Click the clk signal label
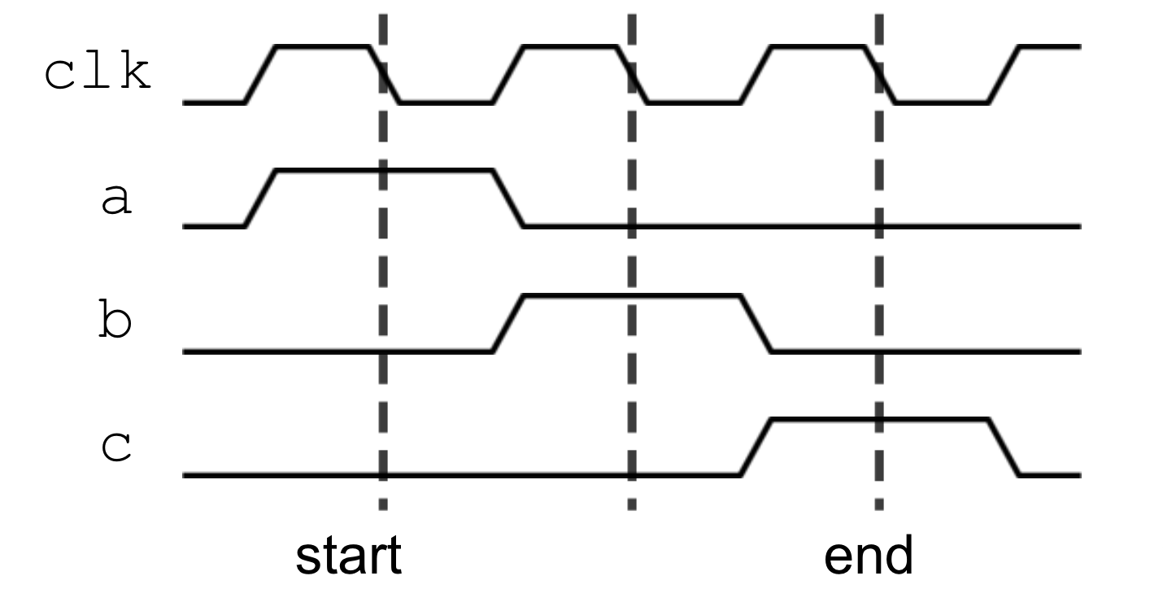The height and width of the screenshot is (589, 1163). click(x=98, y=74)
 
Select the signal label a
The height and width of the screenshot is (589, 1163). click(x=116, y=200)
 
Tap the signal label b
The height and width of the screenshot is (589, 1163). click(x=115, y=323)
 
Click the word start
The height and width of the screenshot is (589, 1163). click(x=348, y=556)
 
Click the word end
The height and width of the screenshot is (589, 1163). click(x=869, y=556)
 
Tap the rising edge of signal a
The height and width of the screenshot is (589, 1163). click(x=261, y=199)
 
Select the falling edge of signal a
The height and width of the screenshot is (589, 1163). click(x=508, y=199)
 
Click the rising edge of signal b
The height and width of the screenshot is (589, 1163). click(x=508, y=323)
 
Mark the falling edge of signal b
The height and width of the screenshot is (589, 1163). click(x=756, y=323)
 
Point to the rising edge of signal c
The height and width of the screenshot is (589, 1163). click(x=756, y=447)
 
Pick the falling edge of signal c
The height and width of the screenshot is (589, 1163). click(x=1004, y=447)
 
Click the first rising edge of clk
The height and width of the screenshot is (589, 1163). click(x=261, y=75)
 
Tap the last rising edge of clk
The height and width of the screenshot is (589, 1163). click(x=1004, y=75)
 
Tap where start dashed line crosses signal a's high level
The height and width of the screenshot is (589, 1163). click(x=383, y=171)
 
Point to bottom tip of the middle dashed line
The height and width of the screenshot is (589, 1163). click(x=632, y=507)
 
